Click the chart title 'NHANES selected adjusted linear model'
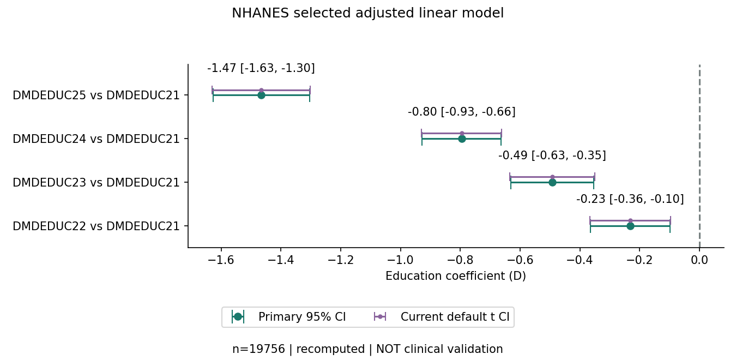[367, 13]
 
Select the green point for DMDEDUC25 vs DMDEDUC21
[261, 95]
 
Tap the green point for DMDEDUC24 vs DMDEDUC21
[462, 139]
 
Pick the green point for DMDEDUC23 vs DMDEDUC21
[552, 183]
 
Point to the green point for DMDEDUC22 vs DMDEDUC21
[630, 226]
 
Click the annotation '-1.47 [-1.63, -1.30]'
[261, 68]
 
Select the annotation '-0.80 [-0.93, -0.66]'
[462, 112]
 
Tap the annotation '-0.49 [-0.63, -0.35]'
[552, 155]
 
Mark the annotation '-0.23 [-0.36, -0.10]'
[630, 199]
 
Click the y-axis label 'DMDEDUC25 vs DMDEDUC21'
[96, 95]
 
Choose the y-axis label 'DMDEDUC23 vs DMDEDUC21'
[96, 183]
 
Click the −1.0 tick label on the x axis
[400, 260]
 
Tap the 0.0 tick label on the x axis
[699, 260]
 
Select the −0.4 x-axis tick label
[580, 260]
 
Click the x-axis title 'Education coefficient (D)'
[456, 276]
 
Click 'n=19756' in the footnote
[258, 349]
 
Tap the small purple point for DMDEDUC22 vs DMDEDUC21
[630, 221]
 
